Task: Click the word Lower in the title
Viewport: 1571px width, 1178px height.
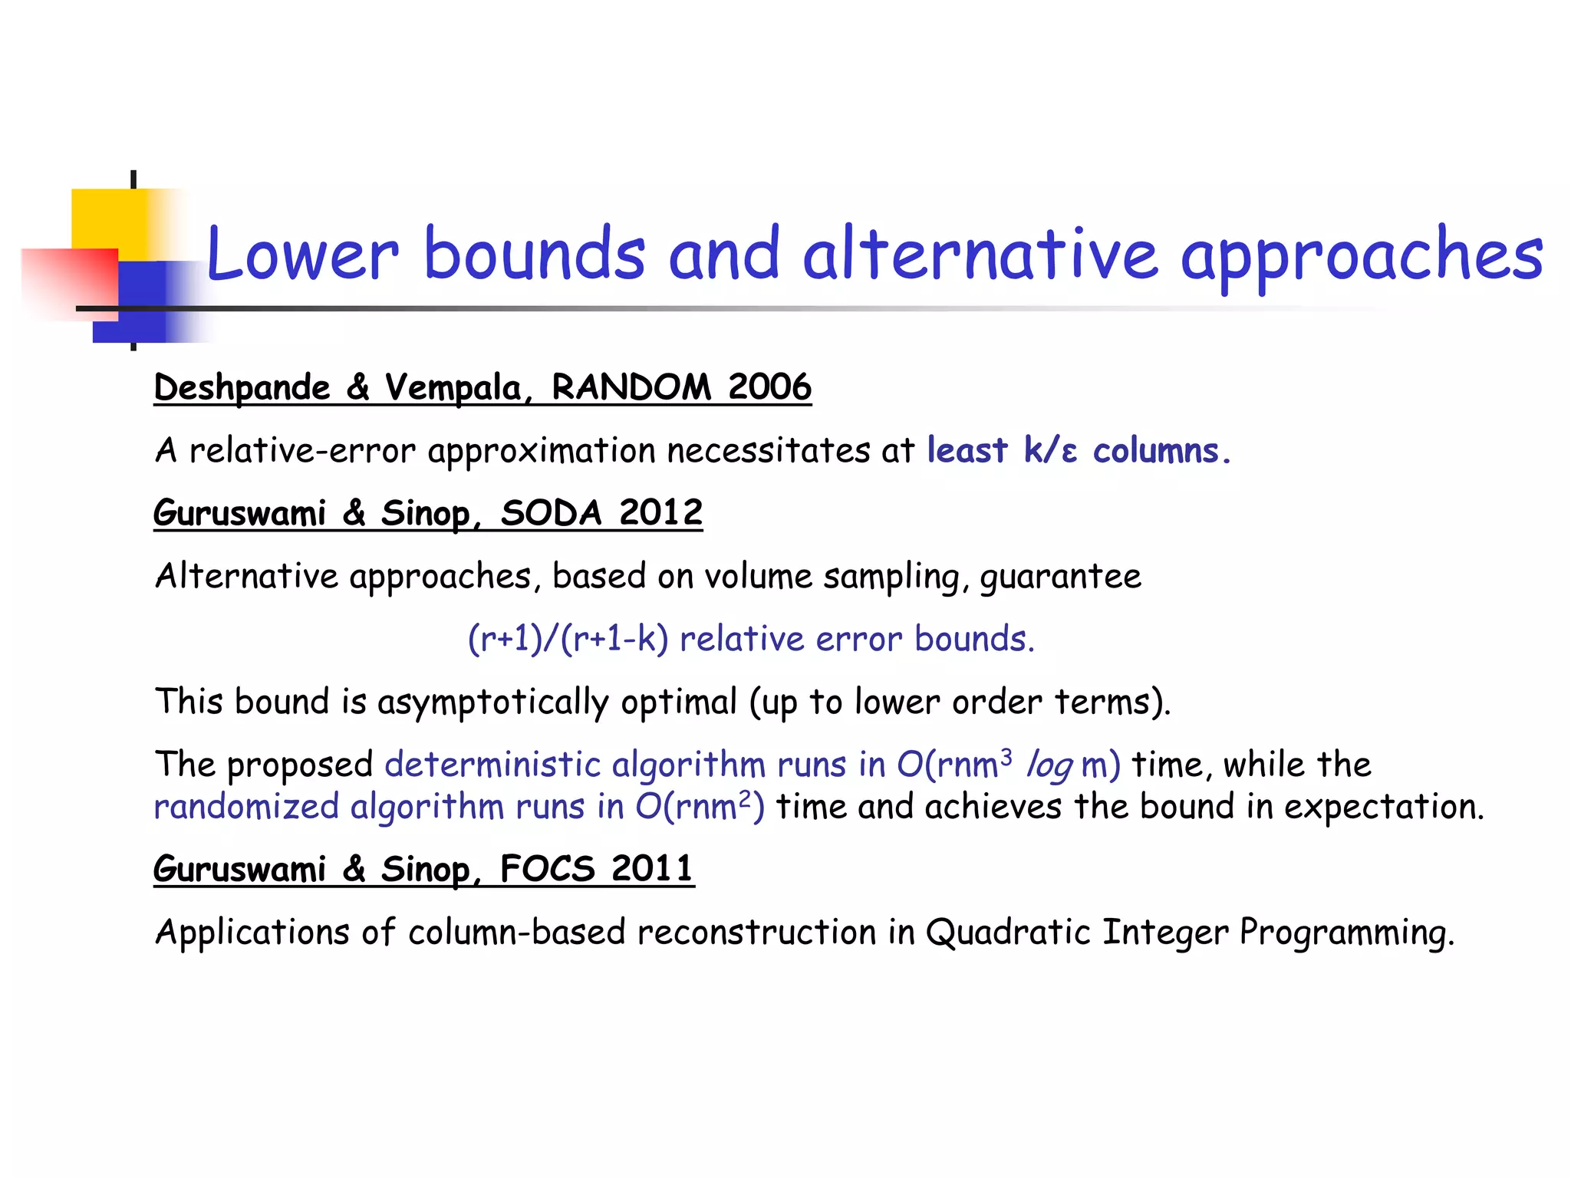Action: click(302, 254)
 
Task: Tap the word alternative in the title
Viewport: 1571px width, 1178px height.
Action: click(980, 254)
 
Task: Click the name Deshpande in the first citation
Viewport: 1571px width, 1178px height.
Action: click(242, 388)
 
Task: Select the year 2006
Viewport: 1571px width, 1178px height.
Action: click(769, 387)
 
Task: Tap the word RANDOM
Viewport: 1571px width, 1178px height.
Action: click(631, 387)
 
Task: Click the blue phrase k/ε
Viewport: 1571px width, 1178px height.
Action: click(1050, 451)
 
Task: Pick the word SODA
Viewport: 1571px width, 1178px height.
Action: click(551, 512)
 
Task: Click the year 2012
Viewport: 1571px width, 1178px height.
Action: click(660, 512)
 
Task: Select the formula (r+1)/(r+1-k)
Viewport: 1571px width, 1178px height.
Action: click(568, 639)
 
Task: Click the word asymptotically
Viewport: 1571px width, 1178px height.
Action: click(492, 703)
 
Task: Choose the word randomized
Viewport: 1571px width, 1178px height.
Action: click(246, 807)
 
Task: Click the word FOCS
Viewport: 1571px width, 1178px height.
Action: click(547, 869)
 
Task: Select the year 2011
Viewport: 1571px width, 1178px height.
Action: click(652, 869)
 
